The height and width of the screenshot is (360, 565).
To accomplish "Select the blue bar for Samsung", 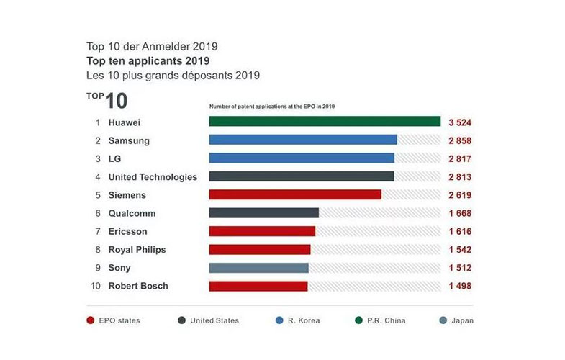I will [x=302, y=140].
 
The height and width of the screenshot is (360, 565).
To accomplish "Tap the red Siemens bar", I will [x=294, y=195].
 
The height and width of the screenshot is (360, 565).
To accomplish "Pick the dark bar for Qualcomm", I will [x=263, y=213].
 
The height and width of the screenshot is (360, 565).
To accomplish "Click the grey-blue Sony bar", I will [x=258, y=268].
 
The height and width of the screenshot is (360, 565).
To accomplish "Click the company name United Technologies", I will [x=152, y=177].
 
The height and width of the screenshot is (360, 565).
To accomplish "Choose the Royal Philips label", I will [x=137, y=250].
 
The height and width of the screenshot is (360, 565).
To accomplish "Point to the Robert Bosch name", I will [x=137, y=286].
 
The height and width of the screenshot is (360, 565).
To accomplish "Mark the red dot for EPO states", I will [x=91, y=320].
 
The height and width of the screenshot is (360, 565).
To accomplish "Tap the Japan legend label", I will [x=462, y=320].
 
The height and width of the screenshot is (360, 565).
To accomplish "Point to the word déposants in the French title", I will [x=206, y=75].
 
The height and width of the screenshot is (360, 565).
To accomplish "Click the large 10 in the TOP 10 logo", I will [x=117, y=102].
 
